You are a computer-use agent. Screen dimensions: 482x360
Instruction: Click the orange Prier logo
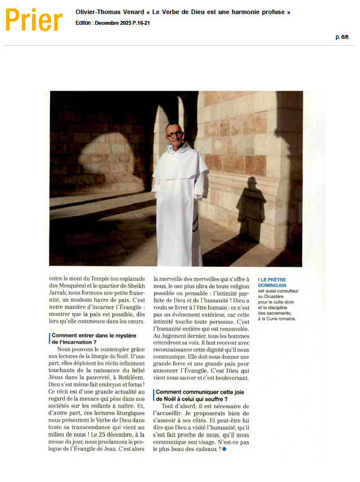click(34, 21)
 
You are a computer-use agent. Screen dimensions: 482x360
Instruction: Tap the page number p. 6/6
click(342, 37)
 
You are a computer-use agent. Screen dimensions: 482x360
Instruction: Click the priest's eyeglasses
click(174, 135)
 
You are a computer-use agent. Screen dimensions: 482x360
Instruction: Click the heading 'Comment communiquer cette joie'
click(195, 392)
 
